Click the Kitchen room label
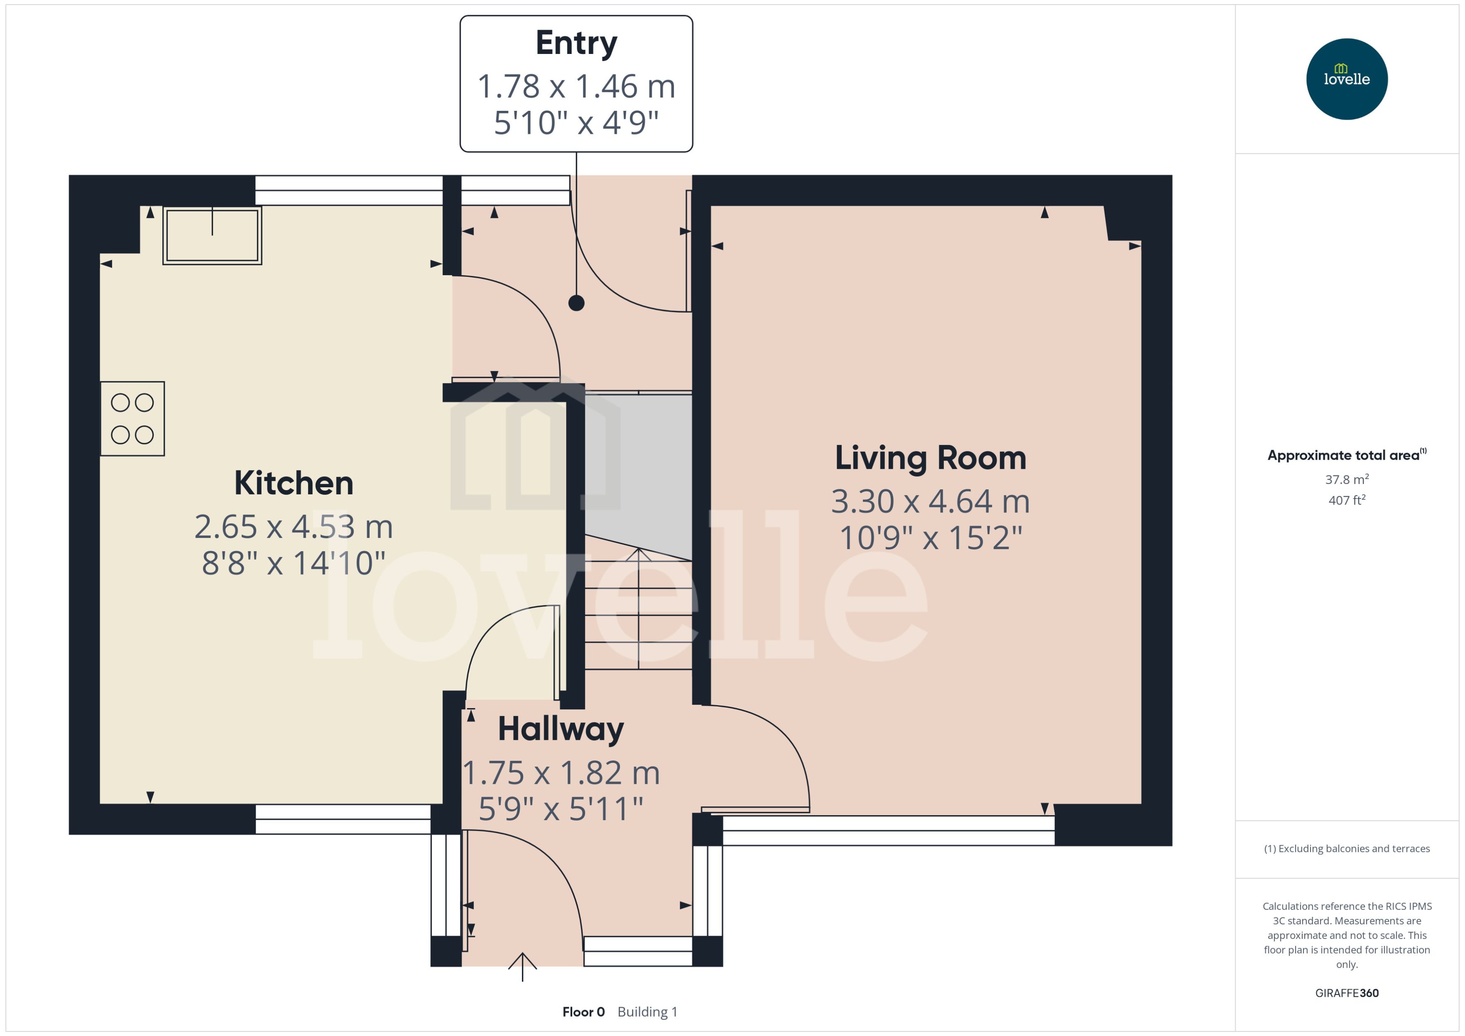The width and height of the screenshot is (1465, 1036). click(294, 483)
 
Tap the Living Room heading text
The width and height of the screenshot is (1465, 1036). click(930, 458)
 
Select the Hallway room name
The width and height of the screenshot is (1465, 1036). click(560, 729)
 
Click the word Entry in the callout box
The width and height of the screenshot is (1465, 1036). click(576, 43)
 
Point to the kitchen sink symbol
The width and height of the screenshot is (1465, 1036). click(212, 235)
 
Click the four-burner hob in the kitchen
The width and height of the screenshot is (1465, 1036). click(132, 419)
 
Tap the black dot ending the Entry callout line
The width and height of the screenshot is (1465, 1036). click(576, 303)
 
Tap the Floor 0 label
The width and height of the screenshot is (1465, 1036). click(583, 1012)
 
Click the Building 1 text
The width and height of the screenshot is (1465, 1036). click(647, 1012)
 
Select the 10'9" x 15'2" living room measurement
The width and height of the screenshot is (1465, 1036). click(930, 538)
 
